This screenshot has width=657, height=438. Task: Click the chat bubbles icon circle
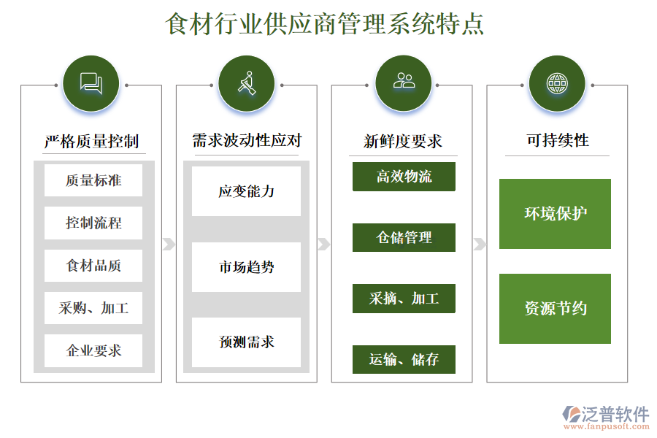(91, 83)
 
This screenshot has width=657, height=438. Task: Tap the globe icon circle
(557, 83)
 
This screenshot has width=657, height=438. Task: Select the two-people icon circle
(404, 83)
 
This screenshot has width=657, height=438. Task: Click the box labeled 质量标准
(93, 180)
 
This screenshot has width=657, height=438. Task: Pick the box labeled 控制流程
(93, 223)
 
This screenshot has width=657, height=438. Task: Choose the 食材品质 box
(93, 265)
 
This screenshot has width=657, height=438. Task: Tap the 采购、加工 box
(93, 308)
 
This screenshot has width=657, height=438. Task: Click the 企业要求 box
(93, 350)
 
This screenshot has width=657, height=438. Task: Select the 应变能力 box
(247, 191)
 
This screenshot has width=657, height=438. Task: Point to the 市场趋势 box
(247, 267)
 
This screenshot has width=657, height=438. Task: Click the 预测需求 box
(247, 342)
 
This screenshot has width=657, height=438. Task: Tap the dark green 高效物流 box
(404, 177)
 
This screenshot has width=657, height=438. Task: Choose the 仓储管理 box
(404, 238)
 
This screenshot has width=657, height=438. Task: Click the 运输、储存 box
(404, 359)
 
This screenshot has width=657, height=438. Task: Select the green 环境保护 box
(556, 214)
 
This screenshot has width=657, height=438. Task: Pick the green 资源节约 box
(556, 309)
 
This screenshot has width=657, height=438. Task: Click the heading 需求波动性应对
(247, 140)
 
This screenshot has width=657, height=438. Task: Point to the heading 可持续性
(558, 140)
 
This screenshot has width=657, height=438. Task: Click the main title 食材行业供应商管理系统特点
(325, 23)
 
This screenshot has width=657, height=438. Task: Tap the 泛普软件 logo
(606, 417)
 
